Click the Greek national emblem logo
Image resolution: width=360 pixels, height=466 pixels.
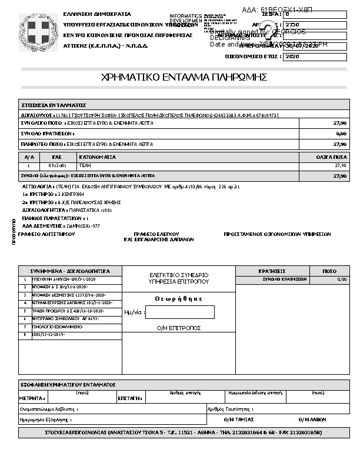pyautogui.click(x=40, y=31)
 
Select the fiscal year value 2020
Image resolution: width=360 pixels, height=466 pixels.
pyautogui.click(x=292, y=57)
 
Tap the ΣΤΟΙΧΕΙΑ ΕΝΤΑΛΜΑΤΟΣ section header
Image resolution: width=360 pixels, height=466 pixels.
pyautogui.click(x=54, y=104)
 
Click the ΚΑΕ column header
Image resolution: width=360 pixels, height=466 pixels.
pyautogui.click(x=56, y=157)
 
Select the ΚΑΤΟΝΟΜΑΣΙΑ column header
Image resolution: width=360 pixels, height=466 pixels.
pyautogui.click(x=97, y=157)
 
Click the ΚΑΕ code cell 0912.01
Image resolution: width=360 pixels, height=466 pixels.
pyautogui.click(x=56, y=166)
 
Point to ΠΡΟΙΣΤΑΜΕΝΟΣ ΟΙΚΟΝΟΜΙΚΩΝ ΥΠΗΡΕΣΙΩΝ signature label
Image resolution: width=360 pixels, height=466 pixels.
pyautogui.click(x=277, y=234)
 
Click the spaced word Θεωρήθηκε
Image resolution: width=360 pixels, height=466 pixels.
pyautogui.click(x=179, y=299)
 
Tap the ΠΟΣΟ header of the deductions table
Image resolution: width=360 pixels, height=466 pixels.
pyautogui.click(x=330, y=271)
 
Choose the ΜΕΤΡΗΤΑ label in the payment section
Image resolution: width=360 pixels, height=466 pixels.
pyautogui.click(x=32, y=398)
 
